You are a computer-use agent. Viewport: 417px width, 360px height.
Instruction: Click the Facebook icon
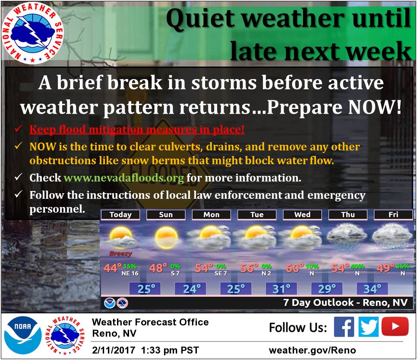pyautogui.click(x=344, y=327)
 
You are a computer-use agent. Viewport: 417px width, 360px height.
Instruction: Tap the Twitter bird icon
pyautogui.click(x=368, y=327)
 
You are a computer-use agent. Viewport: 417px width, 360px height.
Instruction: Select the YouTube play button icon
pyautogui.click(x=395, y=326)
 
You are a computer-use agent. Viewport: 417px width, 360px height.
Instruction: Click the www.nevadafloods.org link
pyautogui.click(x=123, y=178)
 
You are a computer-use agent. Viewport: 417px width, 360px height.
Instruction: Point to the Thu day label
pyautogui.click(x=348, y=215)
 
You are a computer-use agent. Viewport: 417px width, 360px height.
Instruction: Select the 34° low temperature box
pyautogui.click(x=372, y=289)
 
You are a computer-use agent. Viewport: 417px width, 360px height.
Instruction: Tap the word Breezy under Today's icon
pyautogui.click(x=120, y=254)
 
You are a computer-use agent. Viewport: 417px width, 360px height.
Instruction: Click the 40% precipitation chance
pyautogui.click(x=358, y=266)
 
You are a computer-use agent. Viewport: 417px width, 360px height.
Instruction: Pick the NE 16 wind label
pyautogui.click(x=130, y=274)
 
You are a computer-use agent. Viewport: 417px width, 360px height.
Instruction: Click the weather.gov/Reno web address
pyautogui.click(x=313, y=350)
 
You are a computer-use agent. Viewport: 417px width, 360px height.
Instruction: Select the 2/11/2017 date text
pyautogui.click(x=114, y=350)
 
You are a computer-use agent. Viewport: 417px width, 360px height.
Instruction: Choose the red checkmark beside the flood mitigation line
pyautogui.click(x=18, y=129)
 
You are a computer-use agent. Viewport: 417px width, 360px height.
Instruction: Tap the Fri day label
pyautogui.click(x=393, y=215)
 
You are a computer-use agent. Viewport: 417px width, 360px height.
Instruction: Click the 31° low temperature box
pyautogui.click(x=281, y=289)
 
